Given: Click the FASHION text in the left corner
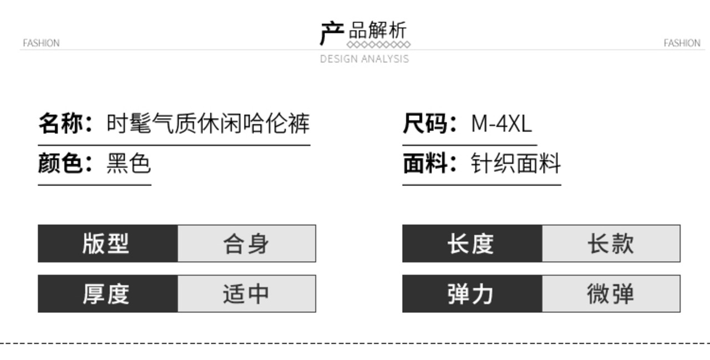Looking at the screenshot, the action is point(41,43).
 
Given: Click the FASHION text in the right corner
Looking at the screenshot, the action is point(682,43).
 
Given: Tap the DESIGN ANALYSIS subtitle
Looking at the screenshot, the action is point(364,59).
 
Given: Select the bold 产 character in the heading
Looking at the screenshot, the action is point(332,33).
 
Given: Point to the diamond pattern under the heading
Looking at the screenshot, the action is point(378,44).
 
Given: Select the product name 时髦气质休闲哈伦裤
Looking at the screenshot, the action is point(208,123).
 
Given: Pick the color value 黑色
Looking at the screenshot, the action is point(129,164).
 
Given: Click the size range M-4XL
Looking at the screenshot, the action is point(501,123).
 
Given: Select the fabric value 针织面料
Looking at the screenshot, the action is point(516,164).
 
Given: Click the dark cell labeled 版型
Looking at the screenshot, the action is point(108,244).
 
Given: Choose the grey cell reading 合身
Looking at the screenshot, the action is point(247,244).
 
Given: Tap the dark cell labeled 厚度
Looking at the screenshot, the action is point(108,293).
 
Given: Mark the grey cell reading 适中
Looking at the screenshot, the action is point(247,293).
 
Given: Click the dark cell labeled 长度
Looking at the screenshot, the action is point(472,244).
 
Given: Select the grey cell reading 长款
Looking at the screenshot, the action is point(611,244).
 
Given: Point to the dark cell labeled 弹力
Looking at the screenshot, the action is point(472,293).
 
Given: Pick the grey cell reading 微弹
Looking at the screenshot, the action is point(611,293).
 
